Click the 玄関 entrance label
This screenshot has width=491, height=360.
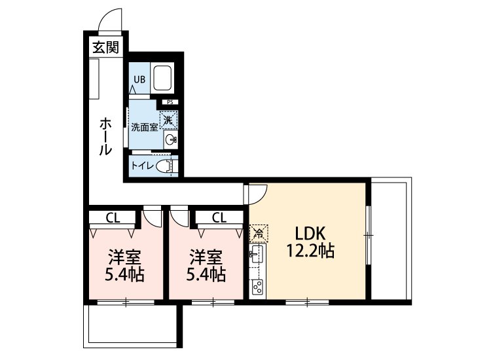106,48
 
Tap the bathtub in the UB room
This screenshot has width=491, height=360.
162,78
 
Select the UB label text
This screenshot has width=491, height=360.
139,79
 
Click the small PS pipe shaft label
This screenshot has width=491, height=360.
170,102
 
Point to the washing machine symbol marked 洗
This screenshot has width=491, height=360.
169,120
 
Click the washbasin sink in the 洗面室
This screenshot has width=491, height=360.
171,139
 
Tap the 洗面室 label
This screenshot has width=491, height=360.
145,128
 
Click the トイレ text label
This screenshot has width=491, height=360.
143,166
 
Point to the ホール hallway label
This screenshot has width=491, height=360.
105,137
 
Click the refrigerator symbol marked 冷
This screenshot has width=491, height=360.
259,233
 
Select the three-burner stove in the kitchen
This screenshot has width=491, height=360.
258,287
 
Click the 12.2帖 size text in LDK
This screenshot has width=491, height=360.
310,250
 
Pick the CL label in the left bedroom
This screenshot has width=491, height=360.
113,218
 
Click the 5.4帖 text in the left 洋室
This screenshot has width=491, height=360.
124,274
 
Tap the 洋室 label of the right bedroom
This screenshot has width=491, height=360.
206,257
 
